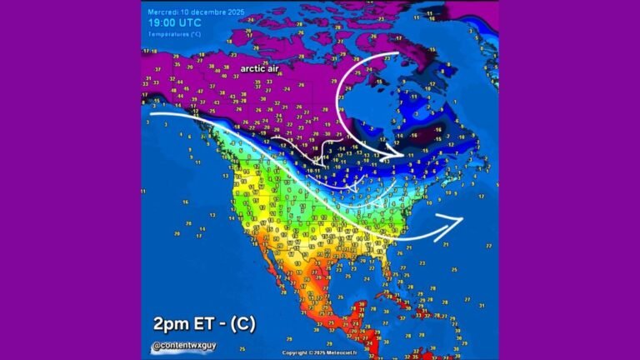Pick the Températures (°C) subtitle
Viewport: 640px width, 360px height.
click(x=174, y=34)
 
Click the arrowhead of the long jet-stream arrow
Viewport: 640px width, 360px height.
click(x=457, y=219)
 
